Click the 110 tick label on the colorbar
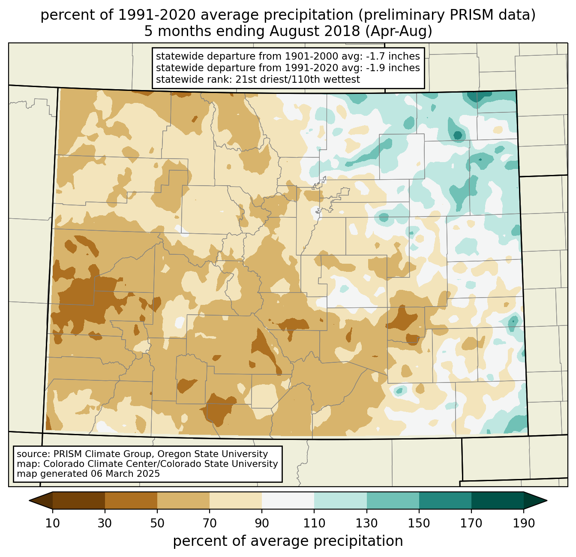click(x=314, y=524)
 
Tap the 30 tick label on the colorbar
click(x=105, y=524)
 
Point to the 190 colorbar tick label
click(x=524, y=524)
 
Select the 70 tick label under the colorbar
click(x=210, y=524)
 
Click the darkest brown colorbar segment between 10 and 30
click(x=79, y=500)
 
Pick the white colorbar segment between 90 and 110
click(x=288, y=500)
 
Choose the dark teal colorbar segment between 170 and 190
click(x=498, y=500)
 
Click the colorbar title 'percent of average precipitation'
click(x=288, y=541)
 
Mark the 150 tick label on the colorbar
click(x=419, y=524)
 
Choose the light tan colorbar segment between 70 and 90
click(x=236, y=500)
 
